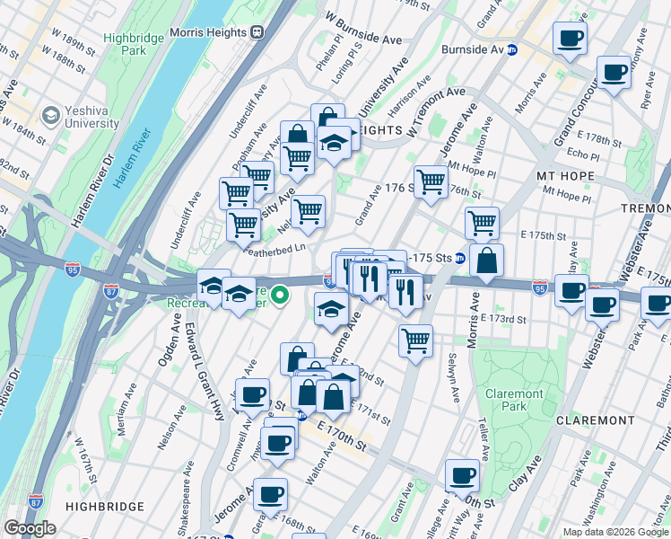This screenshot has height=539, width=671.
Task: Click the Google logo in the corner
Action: point(30,528)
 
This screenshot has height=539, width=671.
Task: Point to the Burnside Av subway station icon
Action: point(512,49)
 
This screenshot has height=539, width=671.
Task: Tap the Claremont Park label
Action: point(514,400)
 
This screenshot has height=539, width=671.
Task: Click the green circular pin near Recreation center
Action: point(280,294)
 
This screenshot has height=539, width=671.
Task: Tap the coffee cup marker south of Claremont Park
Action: point(463,476)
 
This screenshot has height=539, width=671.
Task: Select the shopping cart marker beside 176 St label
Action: point(431,181)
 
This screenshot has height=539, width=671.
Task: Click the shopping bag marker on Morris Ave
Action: point(485,261)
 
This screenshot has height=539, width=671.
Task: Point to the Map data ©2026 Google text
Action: point(614,532)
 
